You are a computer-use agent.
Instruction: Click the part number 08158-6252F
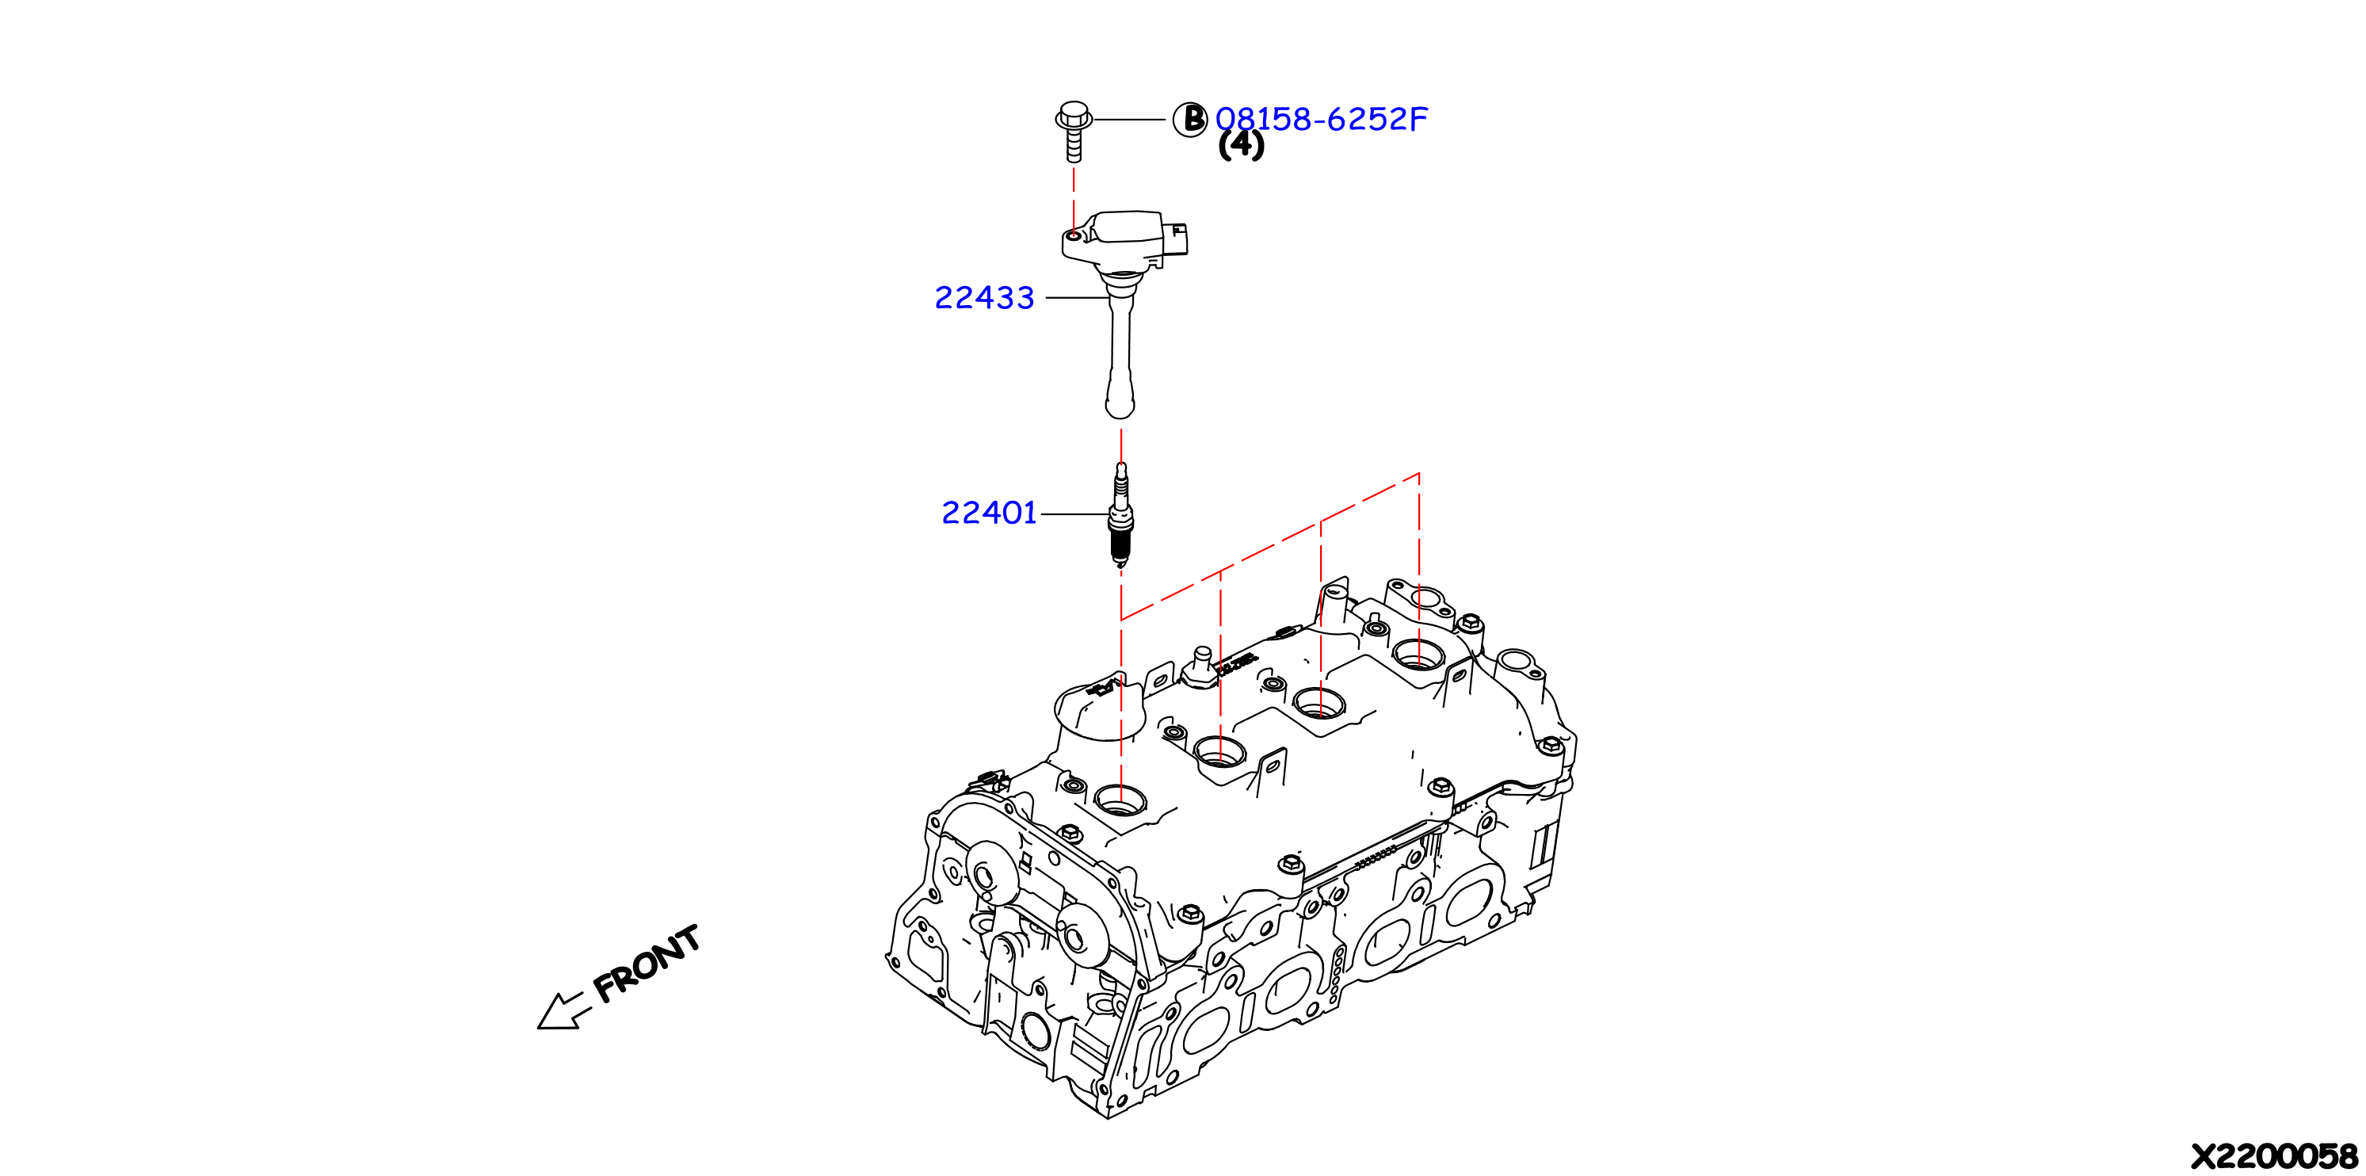(1321, 119)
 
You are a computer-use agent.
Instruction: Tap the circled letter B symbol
(1190, 120)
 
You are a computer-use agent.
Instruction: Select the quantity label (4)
(1241, 144)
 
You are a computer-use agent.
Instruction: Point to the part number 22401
(989, 513)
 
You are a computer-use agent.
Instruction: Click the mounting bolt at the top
(1074, 132)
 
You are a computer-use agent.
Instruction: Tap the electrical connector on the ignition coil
(1176, 239)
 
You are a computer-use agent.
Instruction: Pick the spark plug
(1120, 514)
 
